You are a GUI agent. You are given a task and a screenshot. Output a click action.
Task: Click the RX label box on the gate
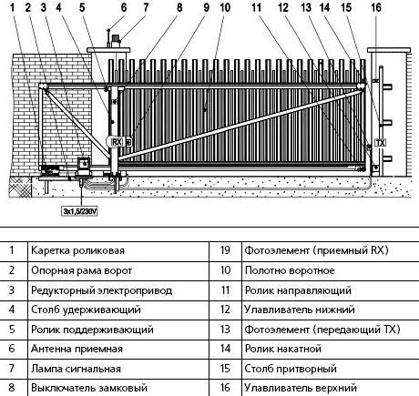coord(116,142)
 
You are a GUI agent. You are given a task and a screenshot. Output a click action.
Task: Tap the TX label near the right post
coord(379,142)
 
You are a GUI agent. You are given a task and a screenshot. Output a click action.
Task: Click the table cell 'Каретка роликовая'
coord(77,249)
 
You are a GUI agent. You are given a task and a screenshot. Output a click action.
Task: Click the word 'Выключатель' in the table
coord(59,389)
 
